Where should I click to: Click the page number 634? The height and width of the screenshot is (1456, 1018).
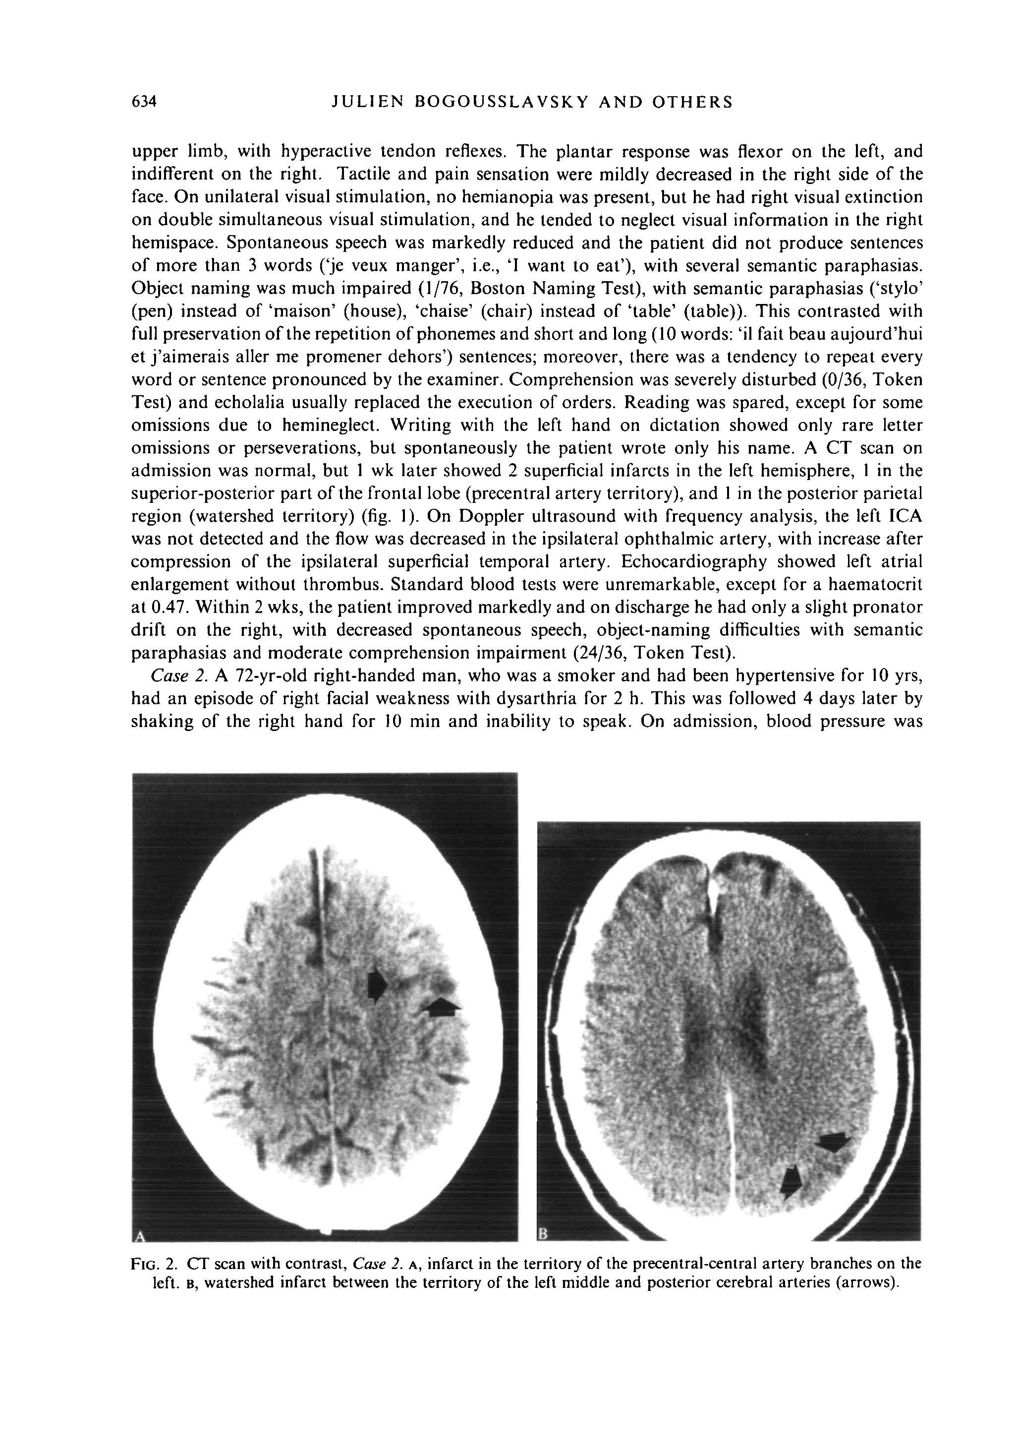pos(143,102)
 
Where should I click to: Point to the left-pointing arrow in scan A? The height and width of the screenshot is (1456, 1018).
pos(443,1006)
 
